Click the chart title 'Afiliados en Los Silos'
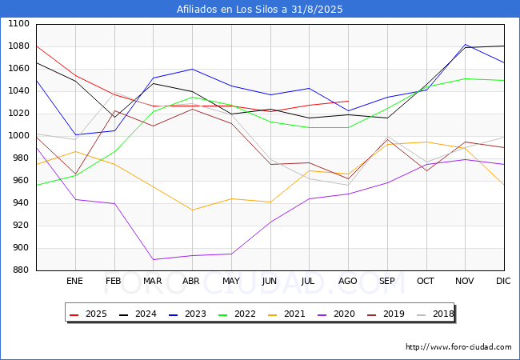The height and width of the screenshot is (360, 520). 229,9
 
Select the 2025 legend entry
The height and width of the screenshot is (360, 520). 88,314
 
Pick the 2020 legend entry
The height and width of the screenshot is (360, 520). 336,314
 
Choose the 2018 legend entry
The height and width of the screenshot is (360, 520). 435,314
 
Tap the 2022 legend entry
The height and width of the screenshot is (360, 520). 237,314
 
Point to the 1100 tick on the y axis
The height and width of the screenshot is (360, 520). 19,23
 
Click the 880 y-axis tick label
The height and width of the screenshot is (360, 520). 22,270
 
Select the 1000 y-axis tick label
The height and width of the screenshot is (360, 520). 19,135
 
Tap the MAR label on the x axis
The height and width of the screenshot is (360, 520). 153,281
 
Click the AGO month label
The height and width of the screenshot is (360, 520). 347,281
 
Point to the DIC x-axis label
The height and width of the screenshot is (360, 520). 503,281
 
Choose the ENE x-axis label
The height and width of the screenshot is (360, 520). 74,281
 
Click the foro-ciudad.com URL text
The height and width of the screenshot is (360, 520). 458,346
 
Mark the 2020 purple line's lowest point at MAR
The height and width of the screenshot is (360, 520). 154,259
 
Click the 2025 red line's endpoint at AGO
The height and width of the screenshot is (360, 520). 348,101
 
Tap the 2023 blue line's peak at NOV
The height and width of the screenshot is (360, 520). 466,45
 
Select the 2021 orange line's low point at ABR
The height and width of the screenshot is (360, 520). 192,210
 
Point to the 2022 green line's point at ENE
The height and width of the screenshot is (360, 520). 76,175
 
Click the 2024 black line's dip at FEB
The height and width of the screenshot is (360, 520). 114,117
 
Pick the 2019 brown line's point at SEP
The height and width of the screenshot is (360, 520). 387,139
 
